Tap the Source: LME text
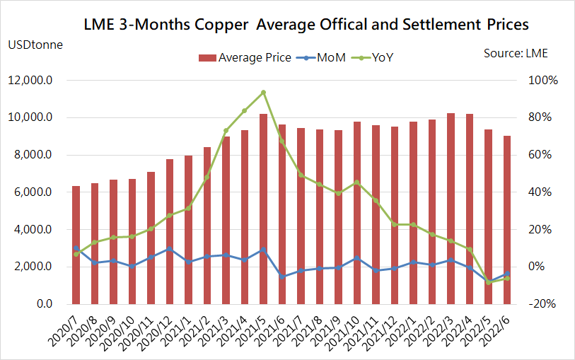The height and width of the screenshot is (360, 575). pos(516,53)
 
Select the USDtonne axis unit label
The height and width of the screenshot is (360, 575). pos(35,45)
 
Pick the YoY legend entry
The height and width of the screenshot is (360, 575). pos(380,57)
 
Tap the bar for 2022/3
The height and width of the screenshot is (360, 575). pos(451,209)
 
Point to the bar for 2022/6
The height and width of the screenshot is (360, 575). pos(507,220)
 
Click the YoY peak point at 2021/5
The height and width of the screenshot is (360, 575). pos(263,93)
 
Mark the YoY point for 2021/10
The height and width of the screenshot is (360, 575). pos(357,183)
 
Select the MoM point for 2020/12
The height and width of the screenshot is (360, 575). pos(170,249)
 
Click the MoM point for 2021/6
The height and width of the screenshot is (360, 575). pos(282,276)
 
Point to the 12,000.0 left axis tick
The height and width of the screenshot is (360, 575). pos(30,81)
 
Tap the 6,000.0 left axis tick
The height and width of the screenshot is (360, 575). pos(33,192)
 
